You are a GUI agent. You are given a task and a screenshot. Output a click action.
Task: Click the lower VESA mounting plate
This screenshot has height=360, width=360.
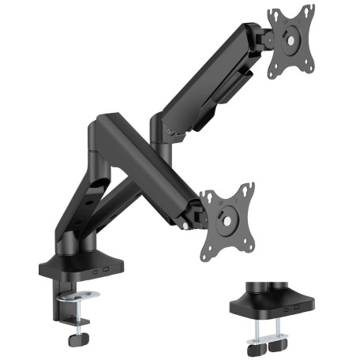[x=227, y=213]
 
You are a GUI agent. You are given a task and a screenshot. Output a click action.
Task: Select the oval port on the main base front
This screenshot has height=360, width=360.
[x=96, y=272]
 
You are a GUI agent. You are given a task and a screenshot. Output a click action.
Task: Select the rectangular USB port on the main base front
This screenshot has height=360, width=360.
[x=106, y=271]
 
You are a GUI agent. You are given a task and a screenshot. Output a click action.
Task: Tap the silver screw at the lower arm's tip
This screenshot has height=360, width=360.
[x=186, y=227]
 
